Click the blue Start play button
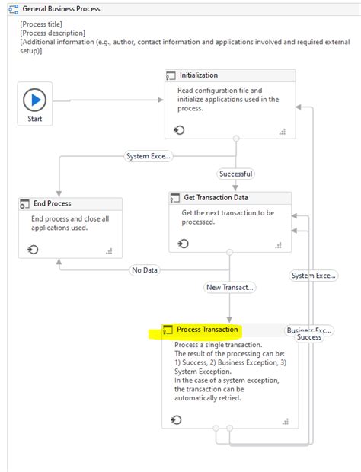click(x=35, y=100)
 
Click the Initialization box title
click(x=198, y=75)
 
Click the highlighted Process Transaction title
click(x=207, y=330)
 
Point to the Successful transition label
click(x=235, y=174)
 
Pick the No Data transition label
click(x=144, y=270)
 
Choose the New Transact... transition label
click(x=229, y=287)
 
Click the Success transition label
click(x=309, y=337)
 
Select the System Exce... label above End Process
click(x=149, y=156)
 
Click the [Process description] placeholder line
click(x=53, y=33)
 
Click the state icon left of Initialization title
click(x=172, y=75)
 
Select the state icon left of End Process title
click(x=26, y=203)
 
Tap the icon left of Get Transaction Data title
click(x=175, y=198)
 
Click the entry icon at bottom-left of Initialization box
click(x=178, y=130)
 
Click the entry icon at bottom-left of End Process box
click(x=33, y=249)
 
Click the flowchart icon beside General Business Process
click(x=13, y=9)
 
